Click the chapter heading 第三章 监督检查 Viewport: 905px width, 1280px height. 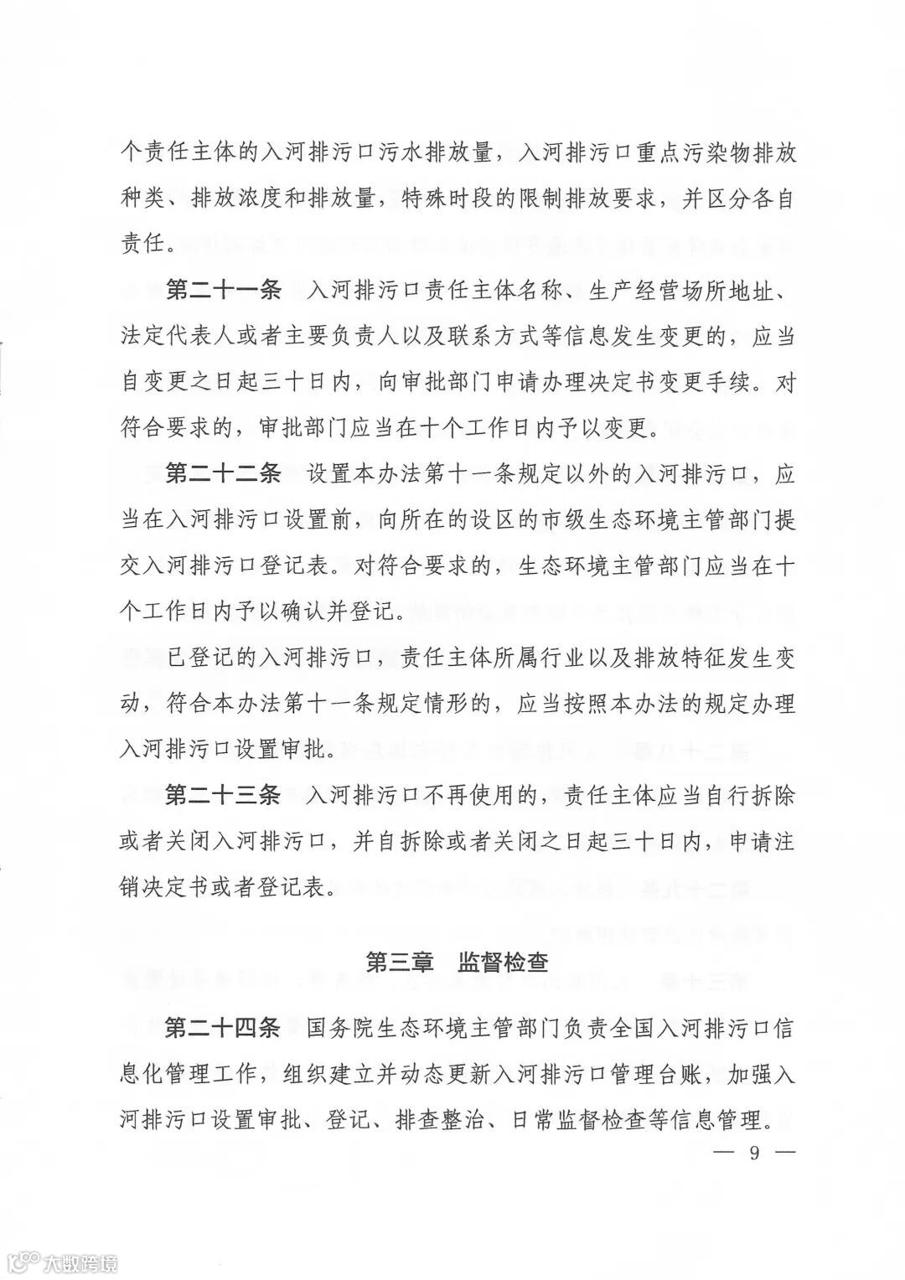click(x=458, y=963)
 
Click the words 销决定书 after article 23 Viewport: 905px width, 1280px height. click(x=165, y=887)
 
